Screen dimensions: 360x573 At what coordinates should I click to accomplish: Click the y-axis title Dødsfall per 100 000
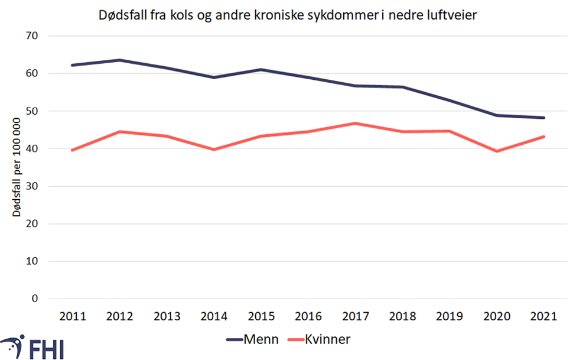point(18,167)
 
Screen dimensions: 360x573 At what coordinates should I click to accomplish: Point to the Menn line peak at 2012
point(119,60)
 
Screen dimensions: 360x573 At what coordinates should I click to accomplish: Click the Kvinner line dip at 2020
point(497,151)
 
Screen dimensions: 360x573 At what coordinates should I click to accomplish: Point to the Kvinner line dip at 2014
point(214,150)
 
